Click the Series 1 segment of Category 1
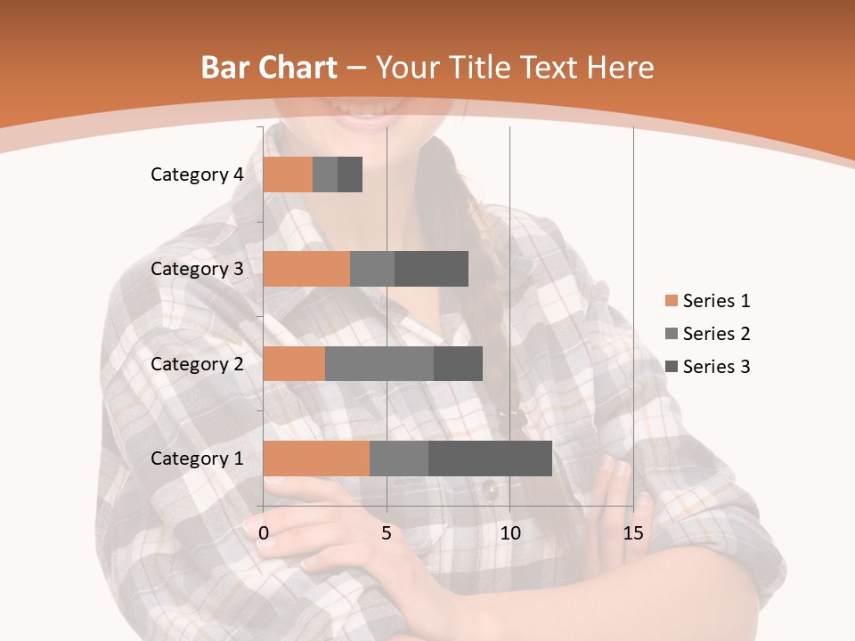(x=316, y=458)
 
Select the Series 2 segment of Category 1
(x=399, y=458)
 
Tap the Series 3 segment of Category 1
(x=490, y=458)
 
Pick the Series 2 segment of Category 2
(x=379, y=363)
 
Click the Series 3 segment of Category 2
(x=458, y=363)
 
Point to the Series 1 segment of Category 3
(x=306, y=269)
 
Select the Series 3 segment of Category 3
(x=431, y=269)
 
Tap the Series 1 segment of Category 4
(x=288, y=174)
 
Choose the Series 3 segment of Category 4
(x=350, y=174)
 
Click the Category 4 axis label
(x=197, y=174)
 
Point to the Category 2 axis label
(x=197, y=363)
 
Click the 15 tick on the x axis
(x=633, y=533)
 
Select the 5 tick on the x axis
(x=387, y=533)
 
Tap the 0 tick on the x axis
(x=264, y=533)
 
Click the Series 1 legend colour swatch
(x=672, y=301)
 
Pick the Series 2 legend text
(x=716, y=334)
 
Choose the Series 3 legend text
(x=716, y=367)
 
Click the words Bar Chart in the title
(x=269, y=68)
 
